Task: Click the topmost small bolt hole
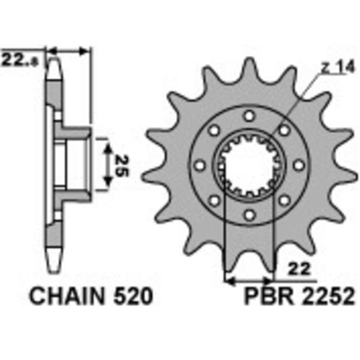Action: pos(249,116)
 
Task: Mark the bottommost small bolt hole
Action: pos(249,215)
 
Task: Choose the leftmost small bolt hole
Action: pos(200,166)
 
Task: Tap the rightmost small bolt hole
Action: pos(299,166)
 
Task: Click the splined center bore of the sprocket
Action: pos(249,166)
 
